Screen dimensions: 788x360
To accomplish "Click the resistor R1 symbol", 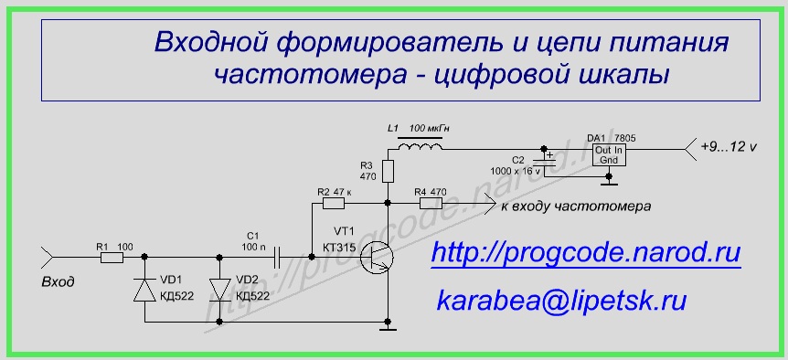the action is [x=112, y=257].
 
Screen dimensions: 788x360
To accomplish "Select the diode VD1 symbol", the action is [x=144, y=291].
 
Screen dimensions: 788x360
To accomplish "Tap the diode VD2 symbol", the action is [x=219, y=291].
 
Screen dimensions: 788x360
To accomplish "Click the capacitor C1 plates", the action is [x=277, y=257].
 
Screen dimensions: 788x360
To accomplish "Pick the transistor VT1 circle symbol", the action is [x=377, y=257].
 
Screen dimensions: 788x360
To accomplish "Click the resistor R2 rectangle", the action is [x=333, y=204].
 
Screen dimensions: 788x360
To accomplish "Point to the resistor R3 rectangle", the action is [x=388, y=171].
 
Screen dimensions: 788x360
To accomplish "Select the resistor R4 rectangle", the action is [x=431, y=204].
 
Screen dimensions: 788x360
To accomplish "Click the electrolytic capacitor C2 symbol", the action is [x=544, y=160].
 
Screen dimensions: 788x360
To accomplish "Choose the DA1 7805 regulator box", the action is [x=610, y=155].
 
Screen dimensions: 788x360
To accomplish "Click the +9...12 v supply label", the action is [x=729, y=147].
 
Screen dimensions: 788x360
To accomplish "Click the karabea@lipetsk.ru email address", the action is [x=561, y=301].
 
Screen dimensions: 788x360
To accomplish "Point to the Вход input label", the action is [x=58, y=282].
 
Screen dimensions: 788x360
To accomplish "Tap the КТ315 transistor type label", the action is [x=340, y=248].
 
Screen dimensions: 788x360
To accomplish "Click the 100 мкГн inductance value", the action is [x=429, y=129].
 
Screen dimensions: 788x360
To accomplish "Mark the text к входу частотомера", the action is [x=576, y=206].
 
